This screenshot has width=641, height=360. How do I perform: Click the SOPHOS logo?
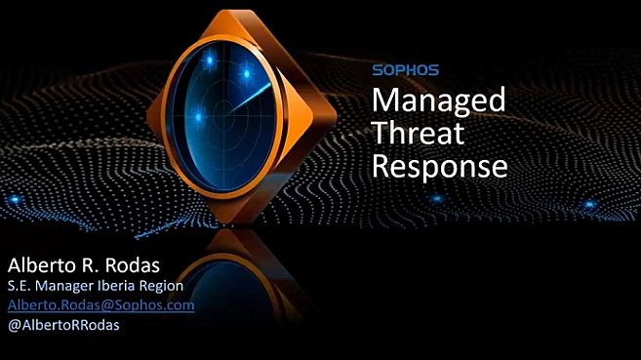[406, 69]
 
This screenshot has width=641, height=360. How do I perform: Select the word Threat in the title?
[420, 134]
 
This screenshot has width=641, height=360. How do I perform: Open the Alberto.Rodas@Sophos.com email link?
[100, 305]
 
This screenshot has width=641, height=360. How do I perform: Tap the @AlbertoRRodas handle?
[63, 325]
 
